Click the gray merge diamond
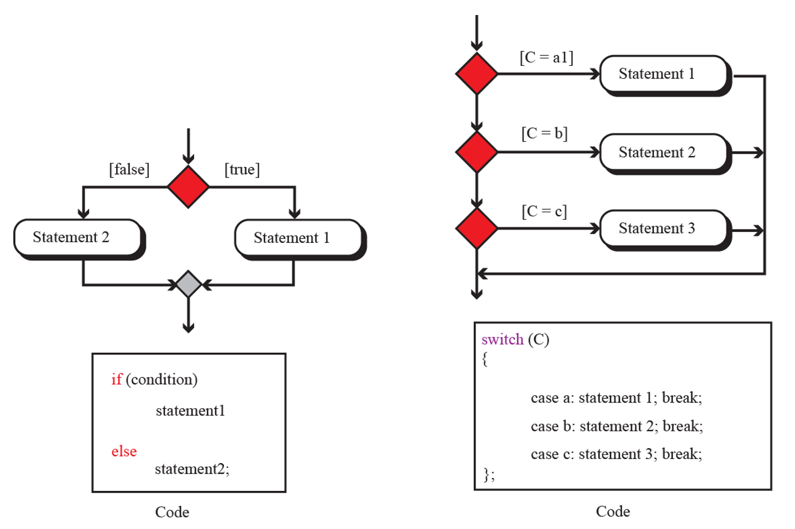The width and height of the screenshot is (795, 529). [188, 284]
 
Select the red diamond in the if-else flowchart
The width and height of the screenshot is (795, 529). [188, 187]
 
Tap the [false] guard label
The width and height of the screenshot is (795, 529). [129, 169]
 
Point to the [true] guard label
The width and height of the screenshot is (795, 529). [242, 169]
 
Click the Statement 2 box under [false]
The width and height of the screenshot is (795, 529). [79, 238]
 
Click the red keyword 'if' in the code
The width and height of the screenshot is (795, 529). [117, 379]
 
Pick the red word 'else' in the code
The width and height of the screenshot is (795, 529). [124, 452]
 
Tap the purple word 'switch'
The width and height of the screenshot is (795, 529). [502, 339]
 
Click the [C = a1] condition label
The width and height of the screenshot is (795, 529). [546, 57]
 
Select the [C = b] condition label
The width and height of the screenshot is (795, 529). [544, 134]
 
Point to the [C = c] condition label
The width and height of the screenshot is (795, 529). [544, 211]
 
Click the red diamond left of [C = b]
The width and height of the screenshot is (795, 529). [477, 152]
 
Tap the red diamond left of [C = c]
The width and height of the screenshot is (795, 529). [477, 228]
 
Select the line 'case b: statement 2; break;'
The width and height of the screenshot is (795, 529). [617, 426]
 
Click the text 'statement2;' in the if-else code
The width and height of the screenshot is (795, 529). [192, 469]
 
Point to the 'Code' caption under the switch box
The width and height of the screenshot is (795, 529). [613, 512]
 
